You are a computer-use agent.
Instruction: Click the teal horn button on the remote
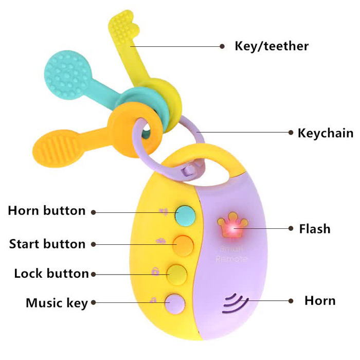click(185, 215)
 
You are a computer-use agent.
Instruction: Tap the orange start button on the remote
click(183, 245)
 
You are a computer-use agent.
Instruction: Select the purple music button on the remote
click(175, 303)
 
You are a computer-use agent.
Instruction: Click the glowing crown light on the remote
click(232, 225)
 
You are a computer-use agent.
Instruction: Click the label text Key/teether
click(272, 46)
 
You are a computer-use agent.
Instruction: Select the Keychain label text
click(326, 133)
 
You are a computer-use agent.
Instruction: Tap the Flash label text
click(315, 229)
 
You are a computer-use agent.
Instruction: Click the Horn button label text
click(47, 210)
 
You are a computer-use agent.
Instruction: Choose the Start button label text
click(47, 244)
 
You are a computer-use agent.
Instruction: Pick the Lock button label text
click(51, 274)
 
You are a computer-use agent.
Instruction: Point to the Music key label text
click(57, 303)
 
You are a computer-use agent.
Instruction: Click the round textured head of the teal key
click(67, 75)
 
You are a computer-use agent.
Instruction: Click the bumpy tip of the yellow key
click(123, 28)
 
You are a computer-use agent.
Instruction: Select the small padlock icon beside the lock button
click(155, 272)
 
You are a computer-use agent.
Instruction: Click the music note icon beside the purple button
click(153, 300)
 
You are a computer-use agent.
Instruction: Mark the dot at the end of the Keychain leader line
click(291, 133)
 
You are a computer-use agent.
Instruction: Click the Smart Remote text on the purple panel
click(231, 254)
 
